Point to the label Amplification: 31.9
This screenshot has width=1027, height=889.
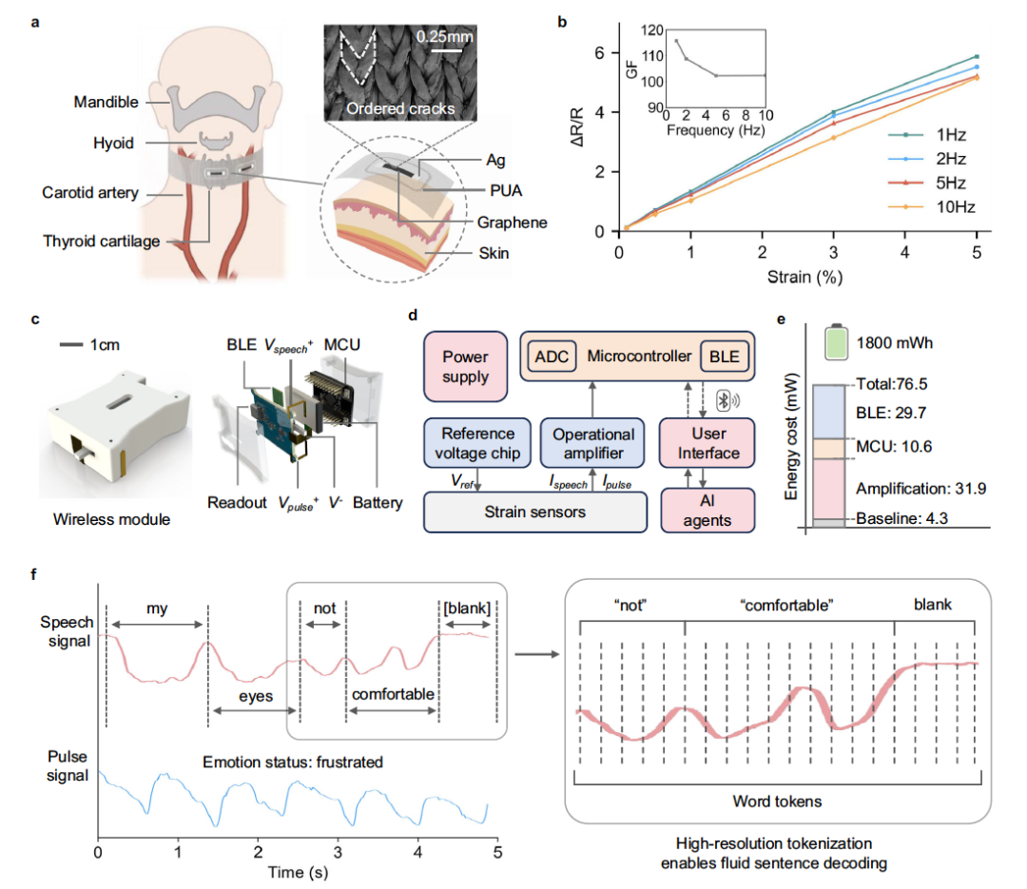[x=920, y=488]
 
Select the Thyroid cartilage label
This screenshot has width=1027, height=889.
[x=102, y=241]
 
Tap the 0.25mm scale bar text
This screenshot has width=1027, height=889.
[x=444, y=41]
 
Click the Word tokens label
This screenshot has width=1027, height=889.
[x=777, y=801]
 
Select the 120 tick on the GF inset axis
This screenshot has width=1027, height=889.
[x=652, y=30]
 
